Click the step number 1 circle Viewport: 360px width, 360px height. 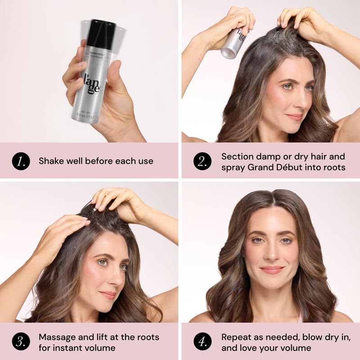tap(21, 161)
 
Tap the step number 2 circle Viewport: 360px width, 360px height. tap(202, 161)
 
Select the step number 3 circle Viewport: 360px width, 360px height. tap(21, 342)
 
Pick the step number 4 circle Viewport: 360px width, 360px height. tap(202, 342)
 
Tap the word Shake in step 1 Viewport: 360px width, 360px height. tap(50, 161)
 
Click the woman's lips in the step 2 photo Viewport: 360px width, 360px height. tap(295, 117)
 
